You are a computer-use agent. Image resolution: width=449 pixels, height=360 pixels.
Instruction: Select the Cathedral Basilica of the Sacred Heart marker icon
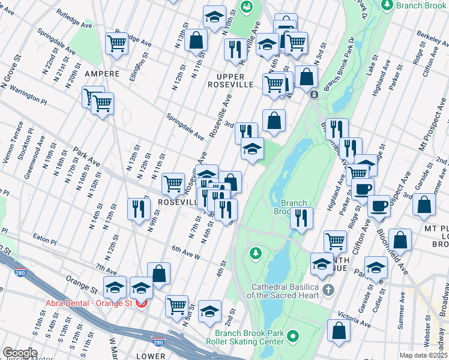click(x=328, y=290)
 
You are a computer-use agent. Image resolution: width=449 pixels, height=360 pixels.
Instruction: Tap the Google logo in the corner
click(x=20, y=353)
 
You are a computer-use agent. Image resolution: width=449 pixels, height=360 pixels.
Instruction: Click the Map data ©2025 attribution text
click(x=423, y=355)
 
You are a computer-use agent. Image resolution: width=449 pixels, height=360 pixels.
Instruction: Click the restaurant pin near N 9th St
click(x=139, y=209)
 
